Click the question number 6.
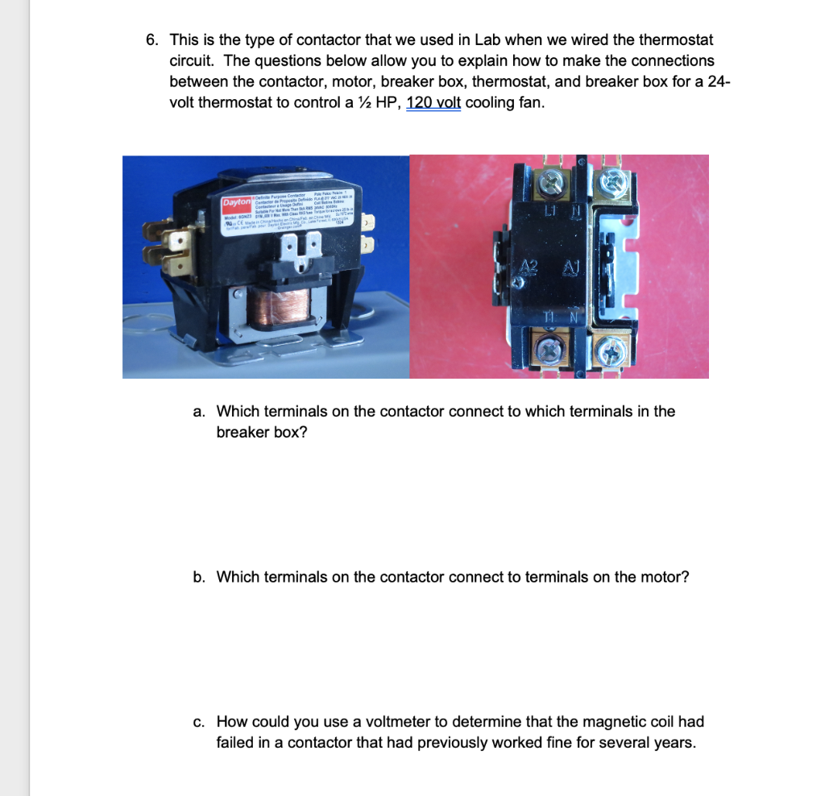pyautogui.click(x=151, y=40)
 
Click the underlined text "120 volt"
pyautogui.click(x=433, y=103)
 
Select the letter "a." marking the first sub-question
pyautogui.click(x=200, y=412)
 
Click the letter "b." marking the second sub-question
pyautogui.click(x=200, y=578)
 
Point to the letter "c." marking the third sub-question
pyautogui.click(x=199, y=722)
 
